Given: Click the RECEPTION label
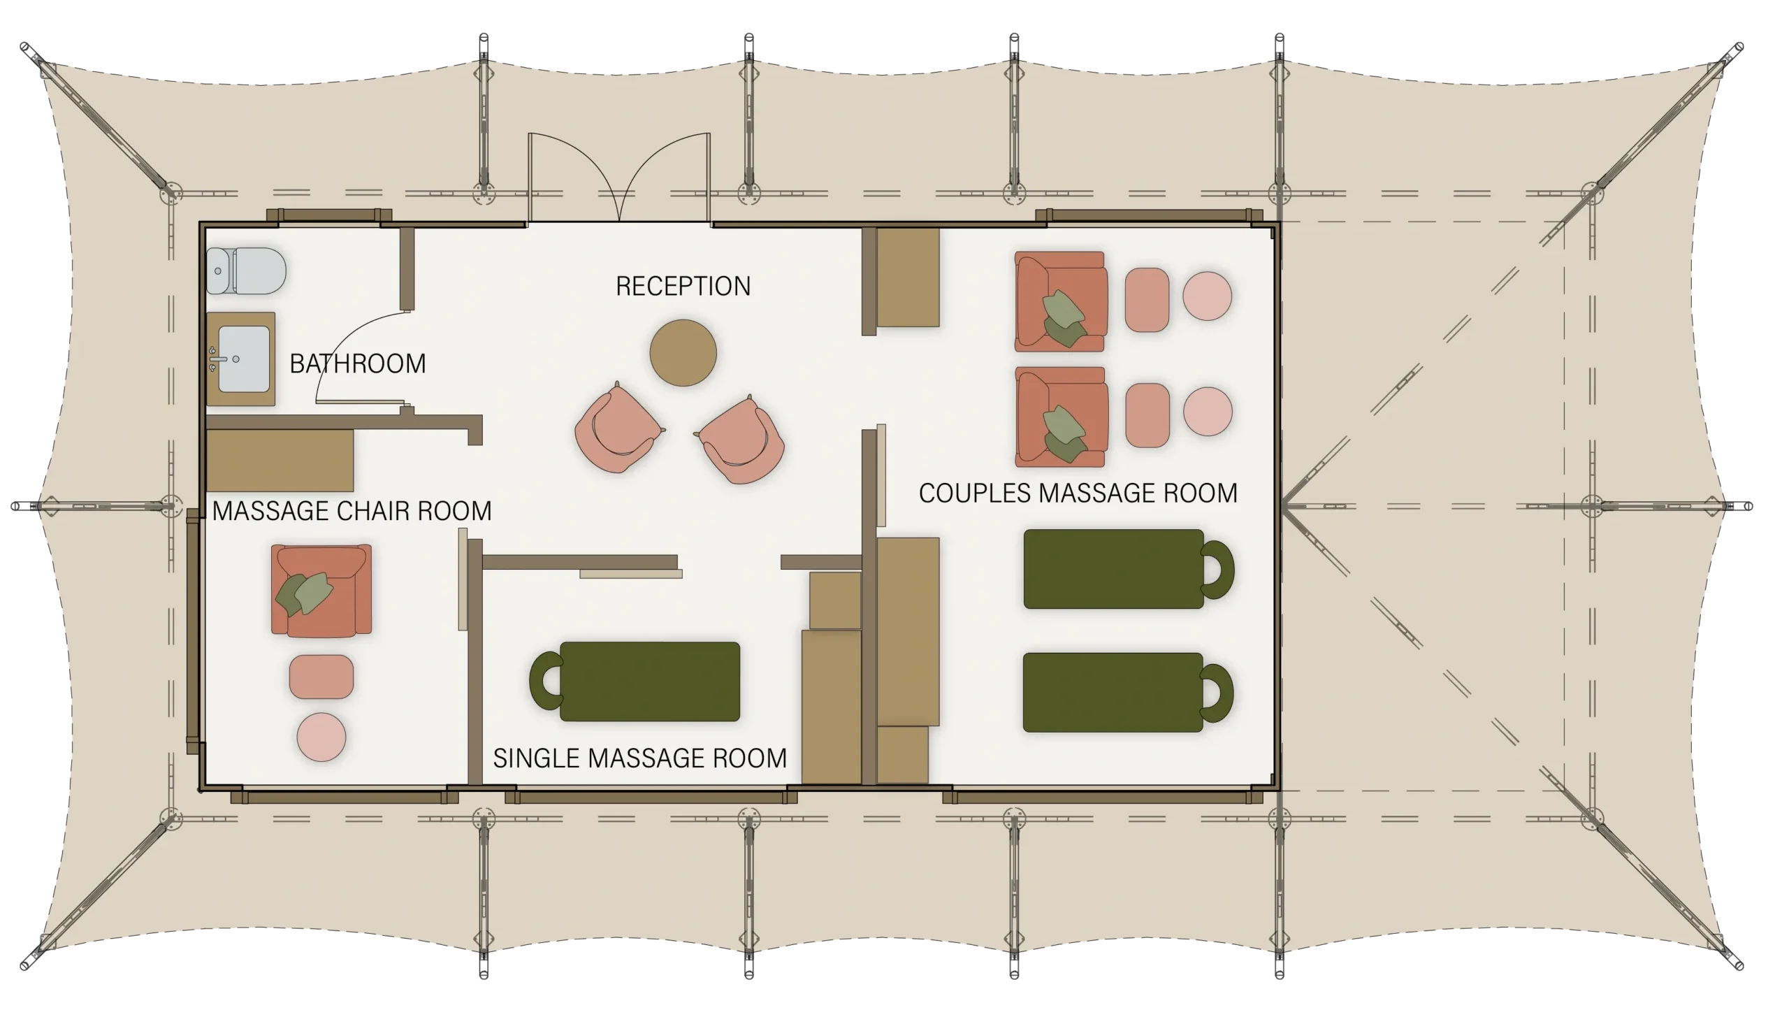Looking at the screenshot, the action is click(x=683, y=286).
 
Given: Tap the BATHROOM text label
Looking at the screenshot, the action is click(x=357, y=363).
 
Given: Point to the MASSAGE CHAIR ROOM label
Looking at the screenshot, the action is click(x=352, y=511).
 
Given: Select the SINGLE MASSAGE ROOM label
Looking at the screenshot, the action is click(x=639, y=758).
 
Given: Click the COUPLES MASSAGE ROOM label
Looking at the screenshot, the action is click(x=1078, y=493).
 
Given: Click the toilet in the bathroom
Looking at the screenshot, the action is click(x=246, y=271).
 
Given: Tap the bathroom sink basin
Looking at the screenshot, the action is click(x=243, y=359).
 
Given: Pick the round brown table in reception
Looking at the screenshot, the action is click(x=683, y=353).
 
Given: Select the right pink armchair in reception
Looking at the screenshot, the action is click(x=741, y=440).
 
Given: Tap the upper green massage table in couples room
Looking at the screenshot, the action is click(x=1129, y=569).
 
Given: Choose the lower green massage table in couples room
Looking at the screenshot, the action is click(x=1128, y=693).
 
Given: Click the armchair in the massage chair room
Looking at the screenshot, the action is click(x=321, y=591).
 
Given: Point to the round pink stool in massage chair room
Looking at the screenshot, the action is click(x=321, y=737).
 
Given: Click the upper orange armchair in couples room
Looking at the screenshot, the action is click(x=1060, y=301).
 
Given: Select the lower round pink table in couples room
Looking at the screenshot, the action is click(x=1208, y=411).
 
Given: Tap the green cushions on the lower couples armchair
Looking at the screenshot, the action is click(x=1064, y=435).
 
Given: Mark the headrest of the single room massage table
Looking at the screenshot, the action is click(x=546, y=681).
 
